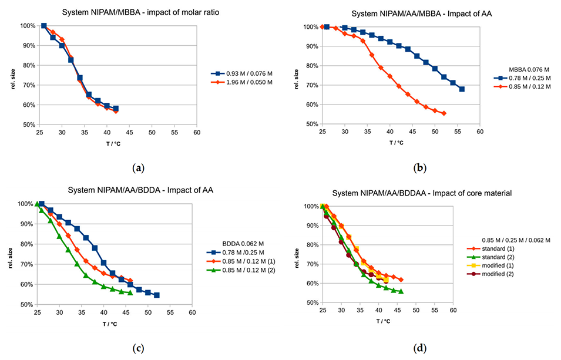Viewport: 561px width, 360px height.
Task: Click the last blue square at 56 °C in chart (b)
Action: [462, 89]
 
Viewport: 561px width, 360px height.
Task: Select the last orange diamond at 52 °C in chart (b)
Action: [444, 113]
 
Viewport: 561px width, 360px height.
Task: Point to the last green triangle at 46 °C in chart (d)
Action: [401, 291]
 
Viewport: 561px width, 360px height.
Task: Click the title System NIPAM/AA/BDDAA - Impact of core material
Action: [416, 193]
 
